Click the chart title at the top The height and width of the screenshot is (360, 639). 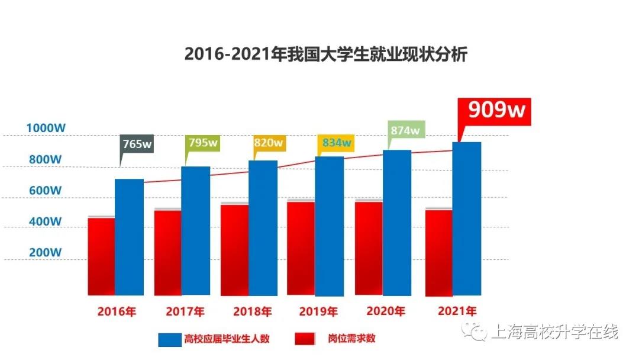click(x=326, y=54)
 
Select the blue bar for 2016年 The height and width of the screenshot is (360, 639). click(x=129, y=237)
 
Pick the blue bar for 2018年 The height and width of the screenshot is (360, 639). click(x=263, y=228)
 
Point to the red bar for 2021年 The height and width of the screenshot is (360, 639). click(x=439, y=252)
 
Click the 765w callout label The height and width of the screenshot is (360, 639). click(x=137, y=144)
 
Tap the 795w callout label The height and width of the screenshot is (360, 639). click(x=202, y=143)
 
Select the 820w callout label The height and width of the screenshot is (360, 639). click(x=269, y=143)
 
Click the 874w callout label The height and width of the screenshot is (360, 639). click(x=405, y=130)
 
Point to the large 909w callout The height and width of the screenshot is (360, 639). click(x=496, y=111)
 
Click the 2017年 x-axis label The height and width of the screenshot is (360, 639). click(x=185, y=311)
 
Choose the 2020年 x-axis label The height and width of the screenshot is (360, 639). click(x=386, y=311)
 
